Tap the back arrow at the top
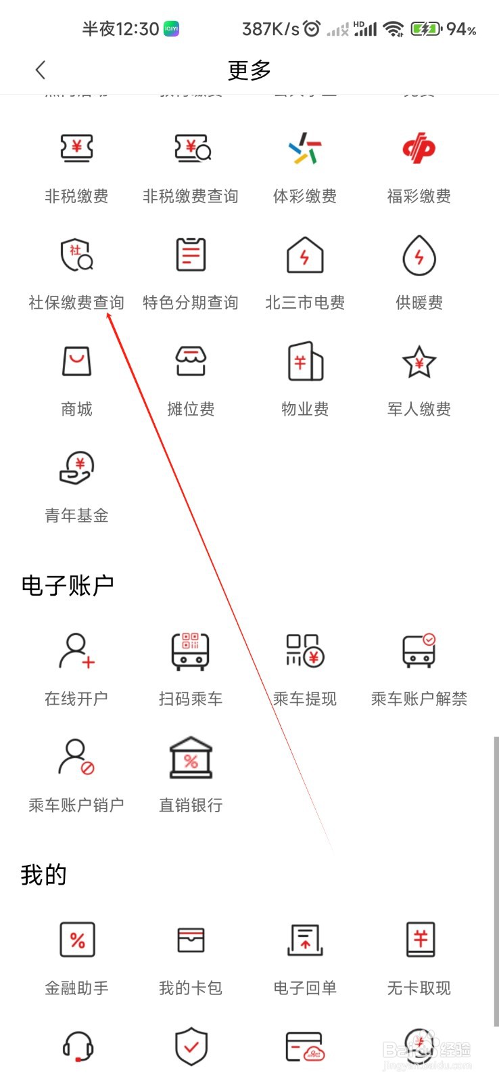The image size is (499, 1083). (41, 70)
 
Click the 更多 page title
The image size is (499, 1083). (249, 70)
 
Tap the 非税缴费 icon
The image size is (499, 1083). (76, 148)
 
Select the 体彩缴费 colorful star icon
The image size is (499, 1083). (305, 148)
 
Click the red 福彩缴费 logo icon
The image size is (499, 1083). (419, 148)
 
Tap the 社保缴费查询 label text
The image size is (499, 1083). (76, 303)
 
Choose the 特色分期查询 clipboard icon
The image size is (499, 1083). (191, 255)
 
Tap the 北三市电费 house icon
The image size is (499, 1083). (305, 255)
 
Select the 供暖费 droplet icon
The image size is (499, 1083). (419, 255)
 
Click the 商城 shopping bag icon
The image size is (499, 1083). (76, 361)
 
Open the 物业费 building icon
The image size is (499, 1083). (305, 361)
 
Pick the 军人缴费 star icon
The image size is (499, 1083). (419, 361)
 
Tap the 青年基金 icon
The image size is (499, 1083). (76, 468)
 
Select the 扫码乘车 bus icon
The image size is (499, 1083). (191, 651)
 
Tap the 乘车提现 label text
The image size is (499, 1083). (305, 699)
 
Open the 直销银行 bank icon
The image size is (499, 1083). (191, 757)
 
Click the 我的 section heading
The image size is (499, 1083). (44, 875)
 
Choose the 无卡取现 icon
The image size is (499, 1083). (419, 940)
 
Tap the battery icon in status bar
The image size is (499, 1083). (426, 29)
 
